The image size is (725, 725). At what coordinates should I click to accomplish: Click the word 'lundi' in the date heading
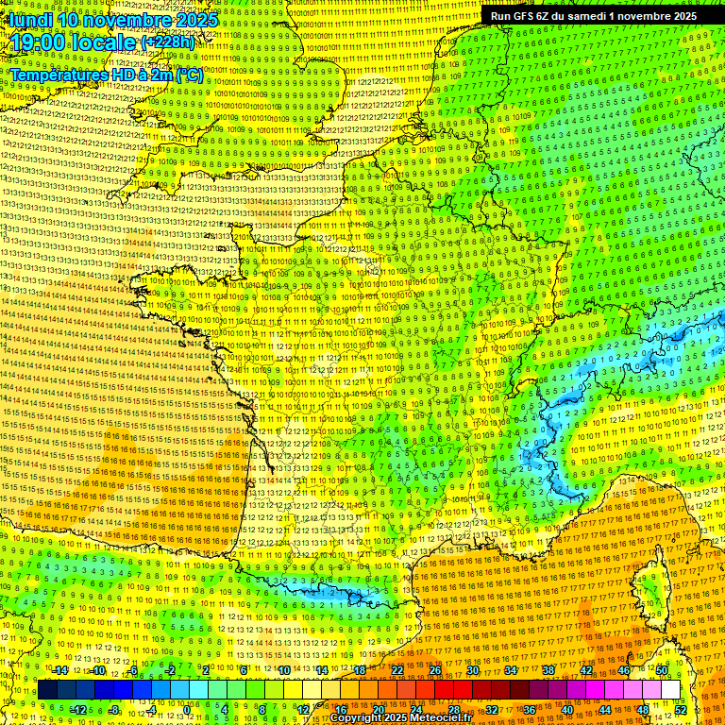30,20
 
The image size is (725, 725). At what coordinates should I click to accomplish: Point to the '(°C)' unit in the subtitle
188,75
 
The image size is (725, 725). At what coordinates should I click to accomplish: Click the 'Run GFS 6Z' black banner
529,16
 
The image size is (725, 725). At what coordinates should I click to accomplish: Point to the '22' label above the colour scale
398,670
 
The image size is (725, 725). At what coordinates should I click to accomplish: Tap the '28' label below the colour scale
454,710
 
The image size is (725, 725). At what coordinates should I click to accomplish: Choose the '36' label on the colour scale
530,710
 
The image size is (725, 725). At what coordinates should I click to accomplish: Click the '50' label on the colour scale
662,670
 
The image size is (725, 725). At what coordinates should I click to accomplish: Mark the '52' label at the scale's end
681,710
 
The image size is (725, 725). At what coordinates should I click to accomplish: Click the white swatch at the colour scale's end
670,690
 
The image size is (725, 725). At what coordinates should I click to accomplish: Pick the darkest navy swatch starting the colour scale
47,690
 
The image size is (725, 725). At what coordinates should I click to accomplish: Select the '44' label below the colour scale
605,710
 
